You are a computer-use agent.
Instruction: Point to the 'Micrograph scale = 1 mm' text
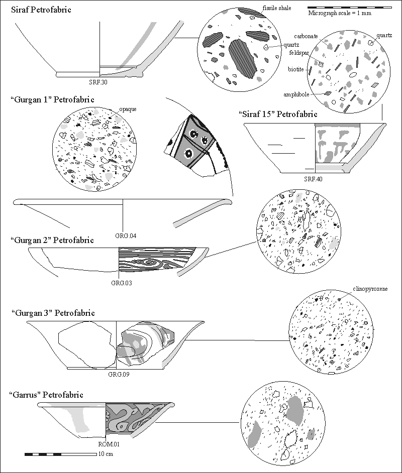[340, 14]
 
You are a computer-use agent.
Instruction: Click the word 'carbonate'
[305, 36]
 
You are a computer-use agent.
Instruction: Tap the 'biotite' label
[296, 69]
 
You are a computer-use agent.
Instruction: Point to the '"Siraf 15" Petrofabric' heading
[278, 114]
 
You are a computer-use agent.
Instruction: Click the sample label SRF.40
[313, 179]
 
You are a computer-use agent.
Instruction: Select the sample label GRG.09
[119, 374]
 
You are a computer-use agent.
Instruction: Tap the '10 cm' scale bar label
[106, 454]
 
